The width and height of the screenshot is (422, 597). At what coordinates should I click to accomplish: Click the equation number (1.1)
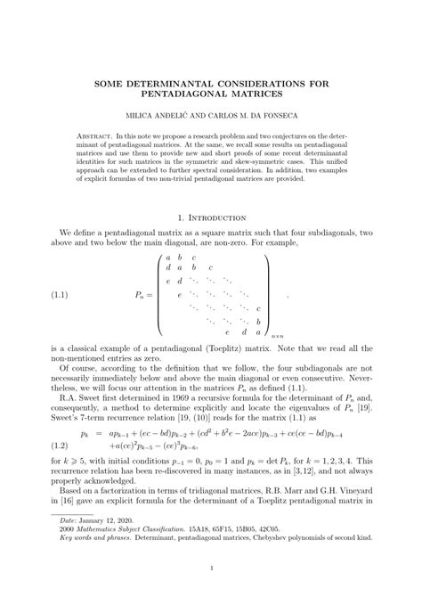pyautogui.click(x=61, y=292)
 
